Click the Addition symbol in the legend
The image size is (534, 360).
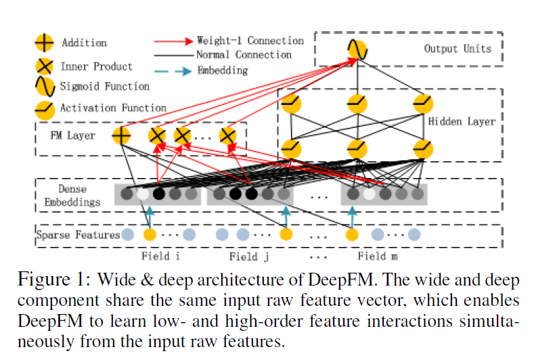44,43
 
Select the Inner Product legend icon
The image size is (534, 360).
44,66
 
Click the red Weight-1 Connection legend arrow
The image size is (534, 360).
173,41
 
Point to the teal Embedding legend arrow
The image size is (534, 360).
173,70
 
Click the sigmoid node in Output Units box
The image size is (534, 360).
357,49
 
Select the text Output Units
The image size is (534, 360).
458,49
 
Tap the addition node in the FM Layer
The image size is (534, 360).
121,135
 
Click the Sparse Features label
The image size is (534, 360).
79,235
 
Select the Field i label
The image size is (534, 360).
160,256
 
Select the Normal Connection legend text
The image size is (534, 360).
244,54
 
